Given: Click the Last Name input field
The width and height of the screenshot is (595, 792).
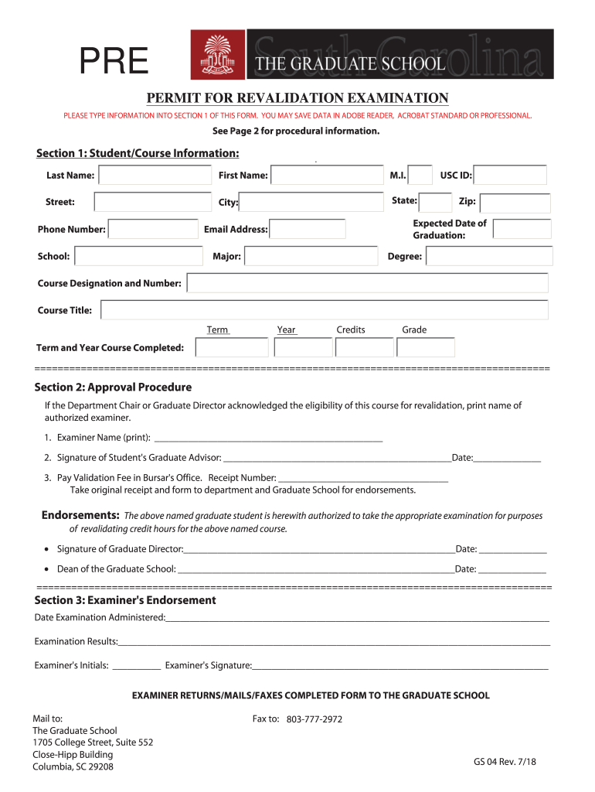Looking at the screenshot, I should click(x=155, y=176).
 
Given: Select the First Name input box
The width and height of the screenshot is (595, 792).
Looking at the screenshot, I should click(x=327, y=176).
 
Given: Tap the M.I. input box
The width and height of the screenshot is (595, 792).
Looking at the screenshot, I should click(x=420, y=176).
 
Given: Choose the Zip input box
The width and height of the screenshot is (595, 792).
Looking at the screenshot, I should click(x=515, y=203).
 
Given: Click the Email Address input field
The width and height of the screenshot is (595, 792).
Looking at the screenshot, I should click(x=308, y=229).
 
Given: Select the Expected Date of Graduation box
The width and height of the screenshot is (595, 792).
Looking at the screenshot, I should click(x=522, y=229).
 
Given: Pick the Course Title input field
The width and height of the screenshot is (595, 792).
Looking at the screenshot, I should click(x=325, y=310).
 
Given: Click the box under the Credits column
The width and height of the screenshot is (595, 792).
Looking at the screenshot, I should click(x=365, y=347).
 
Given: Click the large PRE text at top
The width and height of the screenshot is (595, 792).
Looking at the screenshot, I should click(x=115, y=63).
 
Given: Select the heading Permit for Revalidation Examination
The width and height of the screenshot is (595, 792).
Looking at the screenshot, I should click(x=297, y=98).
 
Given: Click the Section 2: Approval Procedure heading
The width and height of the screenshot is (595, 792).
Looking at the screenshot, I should click(x=113, y=387).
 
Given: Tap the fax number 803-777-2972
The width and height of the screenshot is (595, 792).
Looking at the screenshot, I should click(x=314, y=719).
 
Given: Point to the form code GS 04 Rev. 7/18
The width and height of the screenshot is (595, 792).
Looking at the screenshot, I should click(x=505, y=762).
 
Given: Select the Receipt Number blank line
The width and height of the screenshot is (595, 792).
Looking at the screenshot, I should click(x=362, y=478).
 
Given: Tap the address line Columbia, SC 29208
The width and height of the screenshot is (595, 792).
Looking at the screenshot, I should click(x=73, y=766).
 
